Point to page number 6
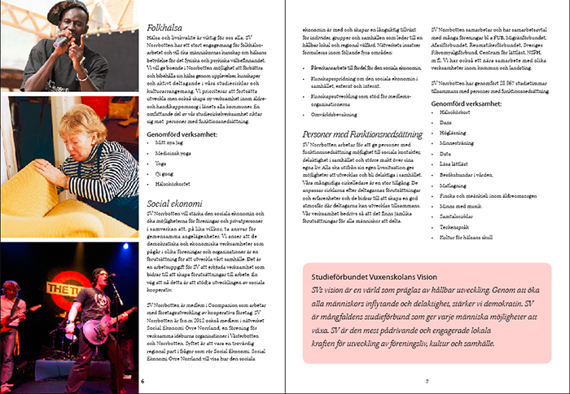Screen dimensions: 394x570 [x=143, y=380]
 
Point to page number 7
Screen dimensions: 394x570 [x=427, y=380]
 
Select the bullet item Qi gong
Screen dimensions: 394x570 [x=166, y=172]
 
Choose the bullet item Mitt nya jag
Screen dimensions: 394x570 [x=169, y=142]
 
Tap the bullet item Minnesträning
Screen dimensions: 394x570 [x=458, y=141]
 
